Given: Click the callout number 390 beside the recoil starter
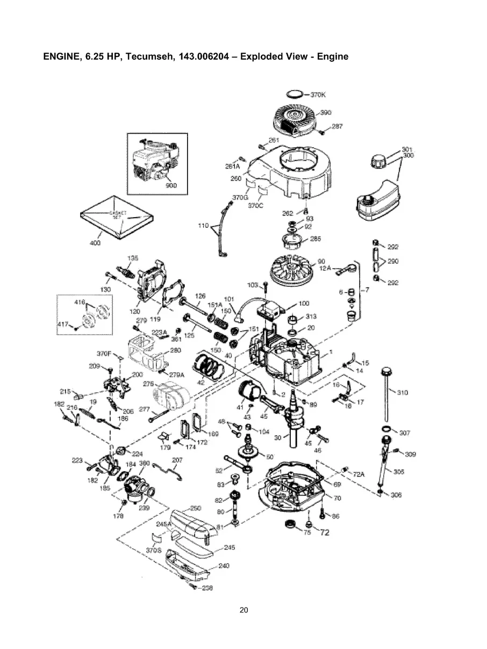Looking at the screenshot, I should pos(326,112).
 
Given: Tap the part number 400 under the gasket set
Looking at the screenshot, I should pos(94,243).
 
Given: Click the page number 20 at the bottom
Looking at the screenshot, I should pos(243,610).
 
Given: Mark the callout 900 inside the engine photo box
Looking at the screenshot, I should pos(171,185).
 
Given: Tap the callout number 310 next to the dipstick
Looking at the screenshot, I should pos(402,393).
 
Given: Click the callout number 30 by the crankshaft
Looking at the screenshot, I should pos(277,437).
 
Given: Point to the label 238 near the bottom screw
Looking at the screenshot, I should pos(207,588).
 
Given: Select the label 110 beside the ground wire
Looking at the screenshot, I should pos(203,226).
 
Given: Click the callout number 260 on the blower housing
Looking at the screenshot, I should pos(236,178).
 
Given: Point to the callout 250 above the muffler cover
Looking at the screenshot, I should pos(196,508).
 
